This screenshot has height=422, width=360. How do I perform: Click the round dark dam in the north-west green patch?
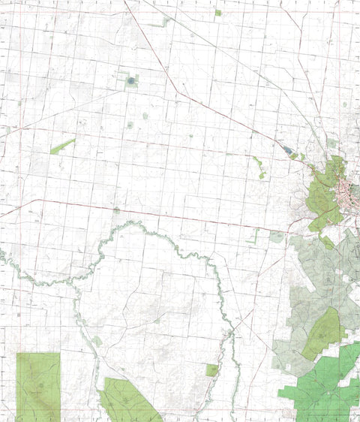[131, 80]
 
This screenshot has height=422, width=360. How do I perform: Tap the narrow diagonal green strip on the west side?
[62, 146]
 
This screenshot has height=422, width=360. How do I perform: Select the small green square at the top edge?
[217, 13]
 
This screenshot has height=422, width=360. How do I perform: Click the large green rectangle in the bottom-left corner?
[37, 386]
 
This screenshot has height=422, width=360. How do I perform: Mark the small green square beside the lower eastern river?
[212, 369]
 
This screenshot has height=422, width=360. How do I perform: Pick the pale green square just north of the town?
[331, 143]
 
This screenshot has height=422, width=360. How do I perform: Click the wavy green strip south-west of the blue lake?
[259, 167]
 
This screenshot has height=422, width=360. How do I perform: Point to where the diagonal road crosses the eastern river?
[233, 330]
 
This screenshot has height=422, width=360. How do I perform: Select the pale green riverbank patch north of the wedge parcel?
[98, 341]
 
